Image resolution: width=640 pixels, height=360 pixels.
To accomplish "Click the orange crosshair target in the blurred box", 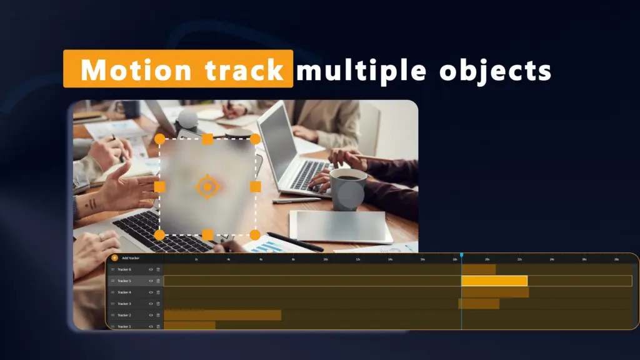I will click(x=207, y=187).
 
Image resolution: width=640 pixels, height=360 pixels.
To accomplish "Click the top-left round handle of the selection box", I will click(x=160, y=139).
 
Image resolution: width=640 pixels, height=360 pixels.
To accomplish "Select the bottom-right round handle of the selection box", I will click(x=255, y=235).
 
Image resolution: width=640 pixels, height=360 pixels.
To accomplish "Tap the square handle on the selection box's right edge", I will click(x=255, y=187).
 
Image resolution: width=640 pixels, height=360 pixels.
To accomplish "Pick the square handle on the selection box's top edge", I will click(x=207, y=139).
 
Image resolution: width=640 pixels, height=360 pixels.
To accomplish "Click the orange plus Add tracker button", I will click(x=114, y=257).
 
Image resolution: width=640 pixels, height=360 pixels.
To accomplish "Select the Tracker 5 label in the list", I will click(x=124, y=281).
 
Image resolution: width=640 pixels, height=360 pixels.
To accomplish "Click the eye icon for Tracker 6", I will click(x=151, y=269).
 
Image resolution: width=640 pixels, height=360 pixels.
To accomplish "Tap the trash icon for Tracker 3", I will click(x=158, y=304).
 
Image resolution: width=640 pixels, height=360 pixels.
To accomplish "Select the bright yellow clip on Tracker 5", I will click(x=494, y=281).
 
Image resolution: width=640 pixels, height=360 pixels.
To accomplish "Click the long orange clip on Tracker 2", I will click(x=222, y=315).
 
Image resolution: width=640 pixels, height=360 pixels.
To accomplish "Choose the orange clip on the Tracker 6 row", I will click(x=478, y=269).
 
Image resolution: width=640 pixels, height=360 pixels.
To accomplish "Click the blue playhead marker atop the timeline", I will click(x=461, y=255).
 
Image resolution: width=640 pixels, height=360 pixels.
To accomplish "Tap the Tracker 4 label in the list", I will click(x=124, y=292).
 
